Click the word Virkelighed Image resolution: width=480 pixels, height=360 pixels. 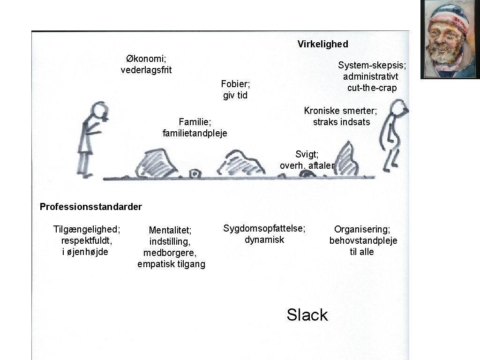pos(322,44)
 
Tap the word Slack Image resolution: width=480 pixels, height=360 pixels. pos(307,315)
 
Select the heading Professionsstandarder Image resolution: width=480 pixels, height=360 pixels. pos(91,207)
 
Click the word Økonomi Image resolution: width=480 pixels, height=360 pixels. pos(146,59)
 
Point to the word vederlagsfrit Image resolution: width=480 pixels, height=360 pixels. pos(146,70)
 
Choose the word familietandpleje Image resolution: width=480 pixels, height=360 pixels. pos(195,134)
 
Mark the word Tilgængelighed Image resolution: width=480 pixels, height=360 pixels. pos(87,229)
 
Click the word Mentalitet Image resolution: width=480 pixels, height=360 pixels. pos(170,230)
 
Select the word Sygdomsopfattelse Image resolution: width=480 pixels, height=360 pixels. pos(264,229)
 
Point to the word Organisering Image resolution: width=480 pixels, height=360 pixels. pos(362,229)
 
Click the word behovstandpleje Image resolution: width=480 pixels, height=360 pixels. pos(363,241)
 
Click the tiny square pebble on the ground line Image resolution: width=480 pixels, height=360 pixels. pos(194,174)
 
